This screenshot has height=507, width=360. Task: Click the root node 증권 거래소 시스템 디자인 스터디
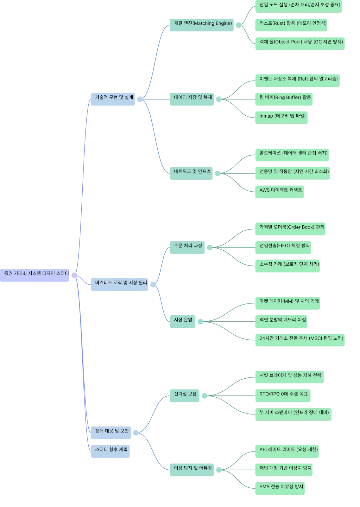pyautogui.click(x=35, y=275)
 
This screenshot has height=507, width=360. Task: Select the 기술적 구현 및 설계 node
pyautogui.click(x=113, y=99)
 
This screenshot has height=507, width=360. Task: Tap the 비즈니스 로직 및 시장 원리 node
pyautogui.click(x=119, y=285)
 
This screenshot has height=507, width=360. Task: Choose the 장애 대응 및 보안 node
pyautogui.click(x=111, y=433)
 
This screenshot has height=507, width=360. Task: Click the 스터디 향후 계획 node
pyautogui.click(x=111, y=451)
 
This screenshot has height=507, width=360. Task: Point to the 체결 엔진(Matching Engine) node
pyautogui.click(x=202, y=25)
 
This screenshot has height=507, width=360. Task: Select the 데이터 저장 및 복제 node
pyautogui.click(x=192, y=99)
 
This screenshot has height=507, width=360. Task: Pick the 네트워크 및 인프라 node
pyautogui.click(x=191, y=173)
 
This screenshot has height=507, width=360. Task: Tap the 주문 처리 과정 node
pyautogui.click(x=187, y=247)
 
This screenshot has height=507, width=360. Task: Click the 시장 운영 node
pyautogui.click(x=182, y=322)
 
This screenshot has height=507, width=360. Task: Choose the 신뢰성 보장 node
pyautogui.click(x=185, y=396)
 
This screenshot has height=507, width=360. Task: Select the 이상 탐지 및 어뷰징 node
pyautogui.click(x=192, y=470)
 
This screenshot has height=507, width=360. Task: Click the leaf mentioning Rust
pyautogui.click(x=291, y=25)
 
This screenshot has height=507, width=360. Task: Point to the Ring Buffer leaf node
pyautogui.click(x=284, y=99)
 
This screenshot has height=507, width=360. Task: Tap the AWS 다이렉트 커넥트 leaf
pyautogui.click(x=280, y=192)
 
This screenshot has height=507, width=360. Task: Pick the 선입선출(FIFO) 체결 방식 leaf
pyautogui.click(x=283, y=247)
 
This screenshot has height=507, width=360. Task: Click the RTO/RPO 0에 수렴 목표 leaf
pyautogui.click(x=283, y=396)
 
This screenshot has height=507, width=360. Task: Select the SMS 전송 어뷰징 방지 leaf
pyautogui.click(x=280, y=488)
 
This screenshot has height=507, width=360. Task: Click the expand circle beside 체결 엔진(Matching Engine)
pyautogui.click(x=238, y=25)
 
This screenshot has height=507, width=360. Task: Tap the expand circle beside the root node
pyautogui.click(x=74, y=275)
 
